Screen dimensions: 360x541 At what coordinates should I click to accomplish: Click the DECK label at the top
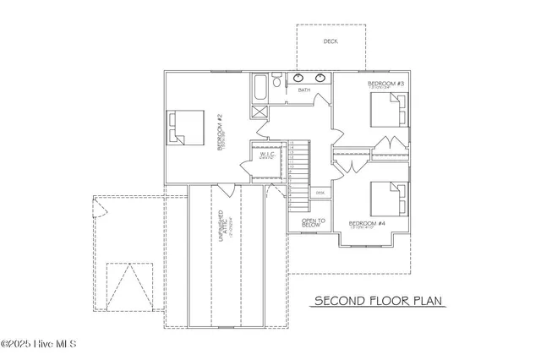pos(331,41)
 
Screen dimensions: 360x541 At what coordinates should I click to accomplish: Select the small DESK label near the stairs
pos(319,193)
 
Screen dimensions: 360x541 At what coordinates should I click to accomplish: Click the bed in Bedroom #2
pos(188,128)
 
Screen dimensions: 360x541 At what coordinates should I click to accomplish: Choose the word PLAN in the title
pos(427,300)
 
